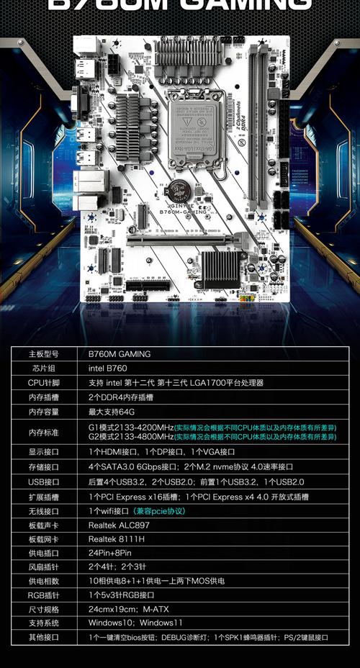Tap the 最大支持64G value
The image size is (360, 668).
pos(112,412)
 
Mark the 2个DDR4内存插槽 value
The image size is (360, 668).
pos(120,397)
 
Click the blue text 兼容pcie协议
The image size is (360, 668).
pos(159,511)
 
